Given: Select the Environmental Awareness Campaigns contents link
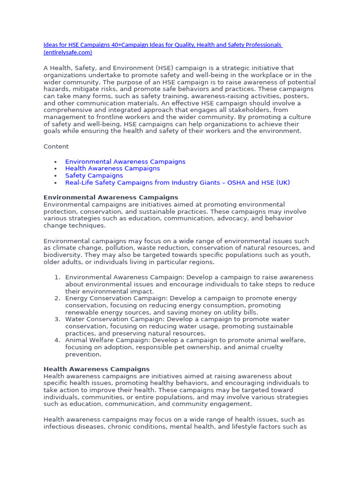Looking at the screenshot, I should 125,162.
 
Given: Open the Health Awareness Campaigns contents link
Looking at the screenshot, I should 112,169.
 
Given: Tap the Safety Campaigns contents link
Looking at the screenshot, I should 94,176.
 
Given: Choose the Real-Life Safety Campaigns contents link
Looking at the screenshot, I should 177,183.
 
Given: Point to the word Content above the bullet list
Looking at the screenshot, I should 56,147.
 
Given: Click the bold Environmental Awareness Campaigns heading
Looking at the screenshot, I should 111,197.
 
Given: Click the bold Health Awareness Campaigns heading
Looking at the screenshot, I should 97,369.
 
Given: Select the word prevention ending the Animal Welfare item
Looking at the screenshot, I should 83,355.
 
